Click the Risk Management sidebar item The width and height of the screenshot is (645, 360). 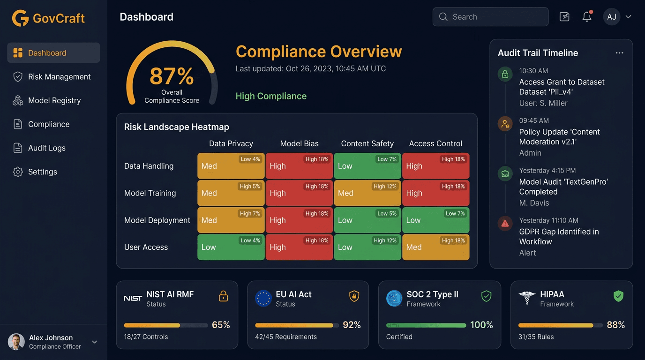coord(59,77)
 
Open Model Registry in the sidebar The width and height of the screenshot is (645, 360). coord(54,100)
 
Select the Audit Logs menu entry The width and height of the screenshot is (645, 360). coord(46,148)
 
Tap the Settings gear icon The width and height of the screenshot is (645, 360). coord(18,172)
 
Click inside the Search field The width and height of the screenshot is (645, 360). coord(490,17)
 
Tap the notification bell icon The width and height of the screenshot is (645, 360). coord(587,17)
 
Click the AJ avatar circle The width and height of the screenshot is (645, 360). coord(611,17)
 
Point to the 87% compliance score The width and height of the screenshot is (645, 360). coord(172,76)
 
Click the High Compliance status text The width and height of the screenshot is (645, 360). coord(271,96)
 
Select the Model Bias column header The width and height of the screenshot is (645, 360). coord(299,143)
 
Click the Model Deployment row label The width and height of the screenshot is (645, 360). coord(157,220)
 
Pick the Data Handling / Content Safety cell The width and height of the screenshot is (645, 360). coord(367,166)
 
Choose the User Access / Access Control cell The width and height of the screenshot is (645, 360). coord(435,247)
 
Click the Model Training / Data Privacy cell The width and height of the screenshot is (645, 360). coord(231,193)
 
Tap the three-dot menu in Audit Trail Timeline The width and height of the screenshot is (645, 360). coord(619,53)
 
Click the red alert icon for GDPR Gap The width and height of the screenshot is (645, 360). coord(505,224)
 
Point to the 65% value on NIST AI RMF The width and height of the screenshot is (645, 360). coord(221,325)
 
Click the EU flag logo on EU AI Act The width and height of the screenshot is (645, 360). coord(263,298)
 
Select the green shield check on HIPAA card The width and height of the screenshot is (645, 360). coord(618,296)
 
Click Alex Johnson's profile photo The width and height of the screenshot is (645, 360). coord(16,342)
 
